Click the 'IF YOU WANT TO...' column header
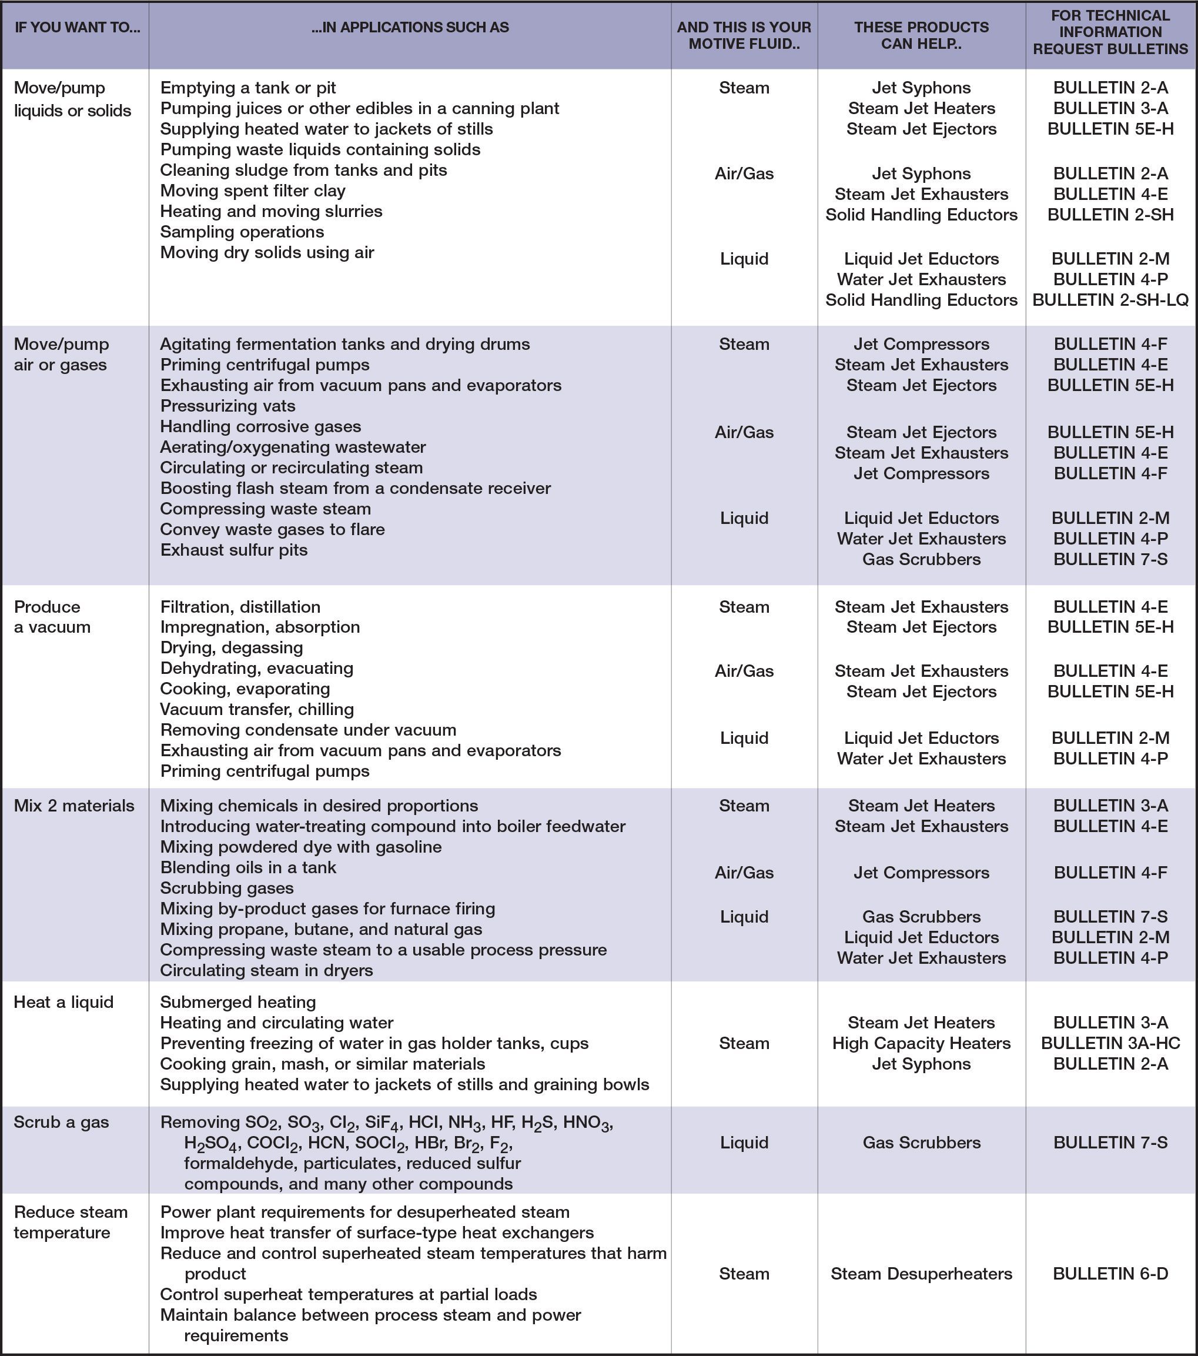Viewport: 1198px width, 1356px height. point(77,28)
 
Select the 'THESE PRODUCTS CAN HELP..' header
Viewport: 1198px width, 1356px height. point(921,35)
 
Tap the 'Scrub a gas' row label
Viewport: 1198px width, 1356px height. point(61,1122)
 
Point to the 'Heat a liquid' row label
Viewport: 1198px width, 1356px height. point(63,1002)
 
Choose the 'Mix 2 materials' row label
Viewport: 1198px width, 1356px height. point(74,806)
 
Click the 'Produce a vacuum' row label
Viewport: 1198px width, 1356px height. point(52,616)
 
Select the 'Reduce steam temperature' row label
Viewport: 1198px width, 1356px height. point(71,1222)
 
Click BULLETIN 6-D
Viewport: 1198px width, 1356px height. point(1110,1273)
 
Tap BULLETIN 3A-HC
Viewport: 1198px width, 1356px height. point(1110,1043)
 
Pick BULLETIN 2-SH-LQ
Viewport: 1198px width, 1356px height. point(1110,300)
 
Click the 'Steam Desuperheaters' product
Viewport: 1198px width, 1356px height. point(921,1273)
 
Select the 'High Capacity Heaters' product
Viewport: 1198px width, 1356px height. point(921,1043)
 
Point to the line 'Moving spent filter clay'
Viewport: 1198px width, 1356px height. point(253,191)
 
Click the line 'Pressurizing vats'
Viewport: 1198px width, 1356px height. point(227,406)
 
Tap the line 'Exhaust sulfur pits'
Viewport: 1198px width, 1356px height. point(233,550)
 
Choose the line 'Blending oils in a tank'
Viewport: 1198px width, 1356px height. point(248,867)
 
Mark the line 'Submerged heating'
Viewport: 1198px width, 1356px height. point(238,1002)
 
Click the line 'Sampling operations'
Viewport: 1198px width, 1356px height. point(242,232)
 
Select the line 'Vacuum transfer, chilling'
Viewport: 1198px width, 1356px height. point(257,709)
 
